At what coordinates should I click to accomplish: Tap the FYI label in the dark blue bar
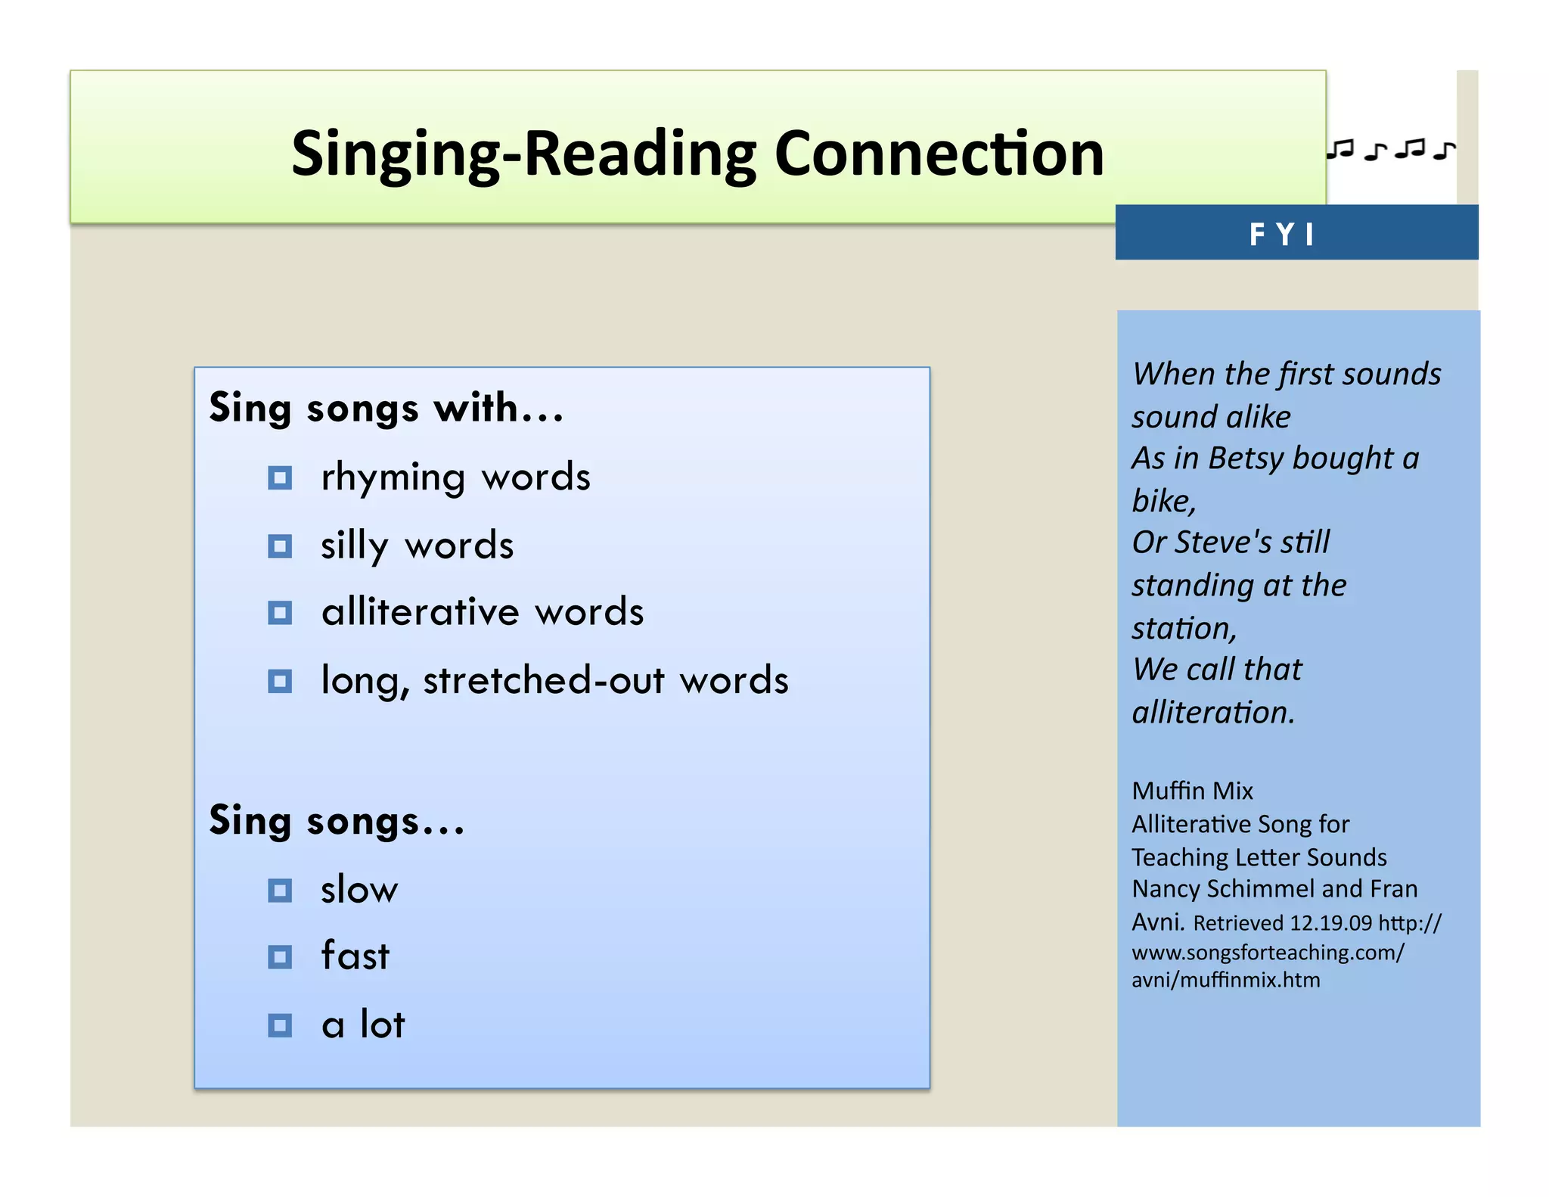pyautogui.click(x=1282, y=234)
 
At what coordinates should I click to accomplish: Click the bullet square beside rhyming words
pyautogui.click(x=280, y=478)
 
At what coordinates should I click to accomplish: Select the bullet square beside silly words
pyautogui.click(x=280, y=546)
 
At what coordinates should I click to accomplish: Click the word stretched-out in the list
pyautogui.click(x=543, y=679)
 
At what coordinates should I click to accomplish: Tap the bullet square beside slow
pyautogui.click(x=280, y=891)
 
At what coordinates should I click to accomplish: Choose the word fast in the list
pyautogui.click(x=355, y=956)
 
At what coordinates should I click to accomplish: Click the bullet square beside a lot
pyautogui.click(x=280, y=1026)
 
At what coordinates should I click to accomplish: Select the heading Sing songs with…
pyautogui.click(x=386, y=409)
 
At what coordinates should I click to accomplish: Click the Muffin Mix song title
pyautogui.click(x=1192, y=791)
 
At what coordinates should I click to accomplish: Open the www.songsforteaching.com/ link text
pyautogui.click(x=1268, y=952)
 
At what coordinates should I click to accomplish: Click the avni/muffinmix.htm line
pyautogui.click(x=1225, y=981)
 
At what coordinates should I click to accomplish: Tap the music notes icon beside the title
pyautogui.click(x=1390, y=150)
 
